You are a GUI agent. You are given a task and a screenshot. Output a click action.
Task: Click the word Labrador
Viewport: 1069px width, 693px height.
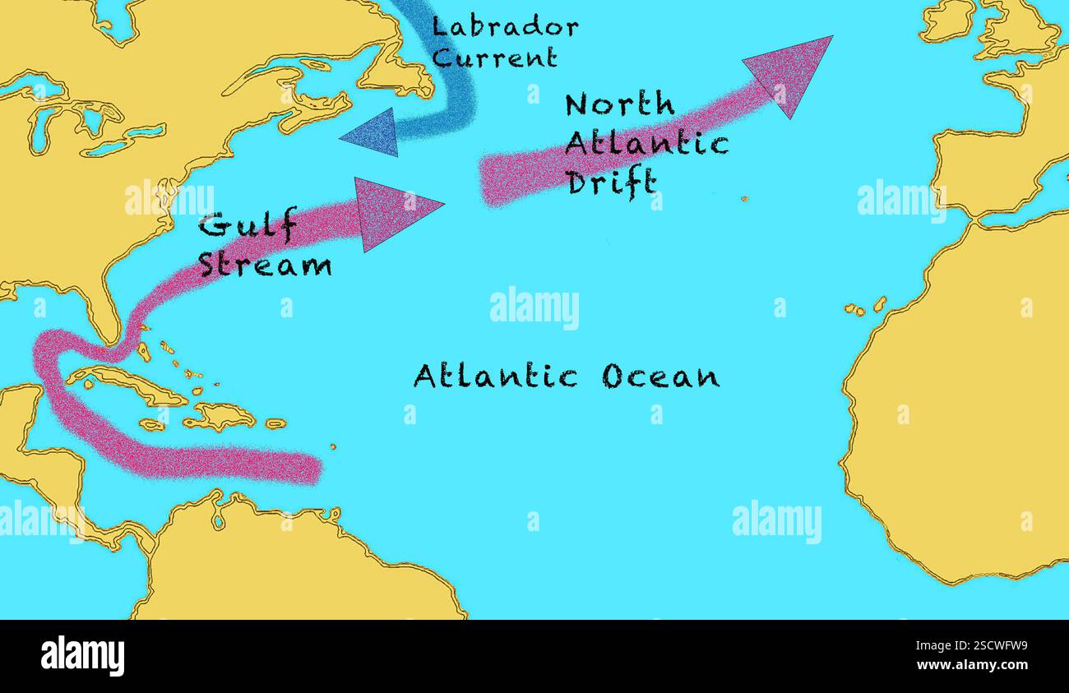[x=505, y=27]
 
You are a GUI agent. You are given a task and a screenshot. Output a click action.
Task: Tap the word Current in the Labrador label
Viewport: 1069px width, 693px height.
[x=494, y=58]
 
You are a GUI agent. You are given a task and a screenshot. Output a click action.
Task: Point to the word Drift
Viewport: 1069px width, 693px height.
[x=613, y=182]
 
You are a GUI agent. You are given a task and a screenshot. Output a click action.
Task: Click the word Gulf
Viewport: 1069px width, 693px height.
[x=248, y=225]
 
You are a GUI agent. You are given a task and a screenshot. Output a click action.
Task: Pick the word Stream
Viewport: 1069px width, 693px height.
[x=265, y=265]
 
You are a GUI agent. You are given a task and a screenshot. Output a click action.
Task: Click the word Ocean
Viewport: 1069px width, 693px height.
[x=660, y=377]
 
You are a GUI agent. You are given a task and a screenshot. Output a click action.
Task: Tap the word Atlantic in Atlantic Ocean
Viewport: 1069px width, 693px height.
[x=495, y=376]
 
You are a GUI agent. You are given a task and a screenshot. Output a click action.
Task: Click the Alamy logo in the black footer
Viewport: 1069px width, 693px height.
[x=82, y=656]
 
